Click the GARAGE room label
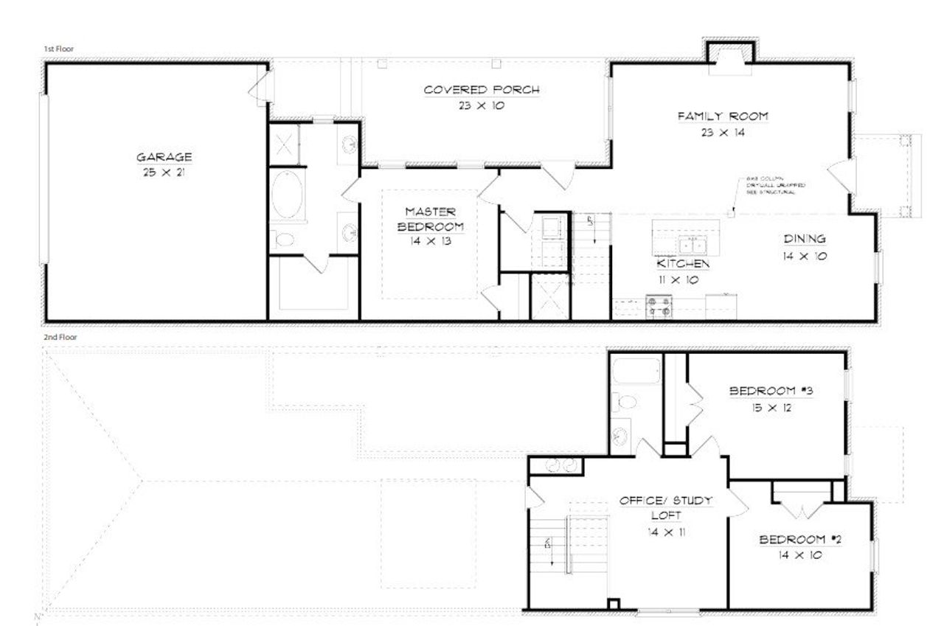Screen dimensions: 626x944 pyautogui.click(x=164, y=157)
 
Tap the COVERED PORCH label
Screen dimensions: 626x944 pyautogui.click(x=482, y=90)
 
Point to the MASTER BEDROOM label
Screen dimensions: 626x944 pyautogui.click(x=430, y=219)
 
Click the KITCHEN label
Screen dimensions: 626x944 pyautogui.click(x=684, y=264)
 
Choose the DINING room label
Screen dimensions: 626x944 pyautogui.click(x=804, y=239)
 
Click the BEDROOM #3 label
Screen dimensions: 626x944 pyautogui.click(x=771, y=391)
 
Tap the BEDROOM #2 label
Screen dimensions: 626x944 pyautogui.click(x=800, y=540)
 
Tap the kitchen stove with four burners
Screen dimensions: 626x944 pyautogui.click(x=659, y=305)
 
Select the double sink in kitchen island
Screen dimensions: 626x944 pyautogui.click(x=693, y=244)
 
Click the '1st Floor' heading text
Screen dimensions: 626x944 pyautogui.click(x=58, y=49)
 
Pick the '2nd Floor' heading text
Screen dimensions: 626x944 pyautogui.click(x=60, y=337)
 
